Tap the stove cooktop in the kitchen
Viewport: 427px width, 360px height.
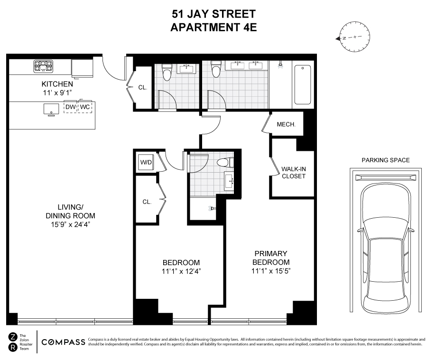click(x=43, y=66)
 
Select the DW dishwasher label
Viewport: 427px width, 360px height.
click(x=70, y=107)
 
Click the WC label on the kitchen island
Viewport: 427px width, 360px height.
click(x=85, y=107)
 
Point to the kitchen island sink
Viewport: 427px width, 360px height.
click(x=50, y=109)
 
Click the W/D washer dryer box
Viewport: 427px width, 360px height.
click(x=146, y=163)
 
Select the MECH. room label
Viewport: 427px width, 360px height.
click(x=286, y=124)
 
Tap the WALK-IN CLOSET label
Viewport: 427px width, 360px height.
click(x=293, y=172)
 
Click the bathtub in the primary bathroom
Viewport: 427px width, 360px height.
click(x=302, y=84)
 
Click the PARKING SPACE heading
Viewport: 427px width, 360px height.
click(x=385, y=160)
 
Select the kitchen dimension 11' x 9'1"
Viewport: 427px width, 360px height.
click(x=57, y=93)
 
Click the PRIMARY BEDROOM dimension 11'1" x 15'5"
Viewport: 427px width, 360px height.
click(x=270, y=271)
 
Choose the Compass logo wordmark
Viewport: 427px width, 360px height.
click(x=64, y=342)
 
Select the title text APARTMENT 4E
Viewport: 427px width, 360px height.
click(x=213, y=27)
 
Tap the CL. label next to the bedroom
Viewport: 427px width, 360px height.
click(x=147, y=202)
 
